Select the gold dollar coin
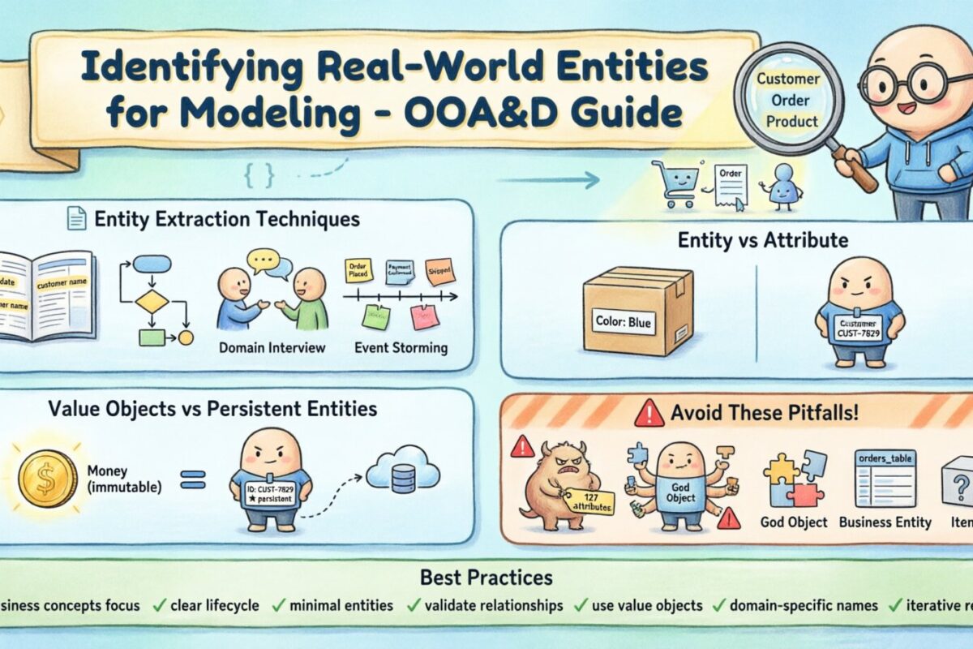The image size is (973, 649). click(47, 479)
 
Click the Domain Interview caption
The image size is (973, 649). click(272, 348)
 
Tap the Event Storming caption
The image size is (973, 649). click(401, 348)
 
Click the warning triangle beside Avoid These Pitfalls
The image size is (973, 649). click(649, 415)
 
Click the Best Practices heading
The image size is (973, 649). click(486, 578)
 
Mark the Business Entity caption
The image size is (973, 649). click(885, 522)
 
